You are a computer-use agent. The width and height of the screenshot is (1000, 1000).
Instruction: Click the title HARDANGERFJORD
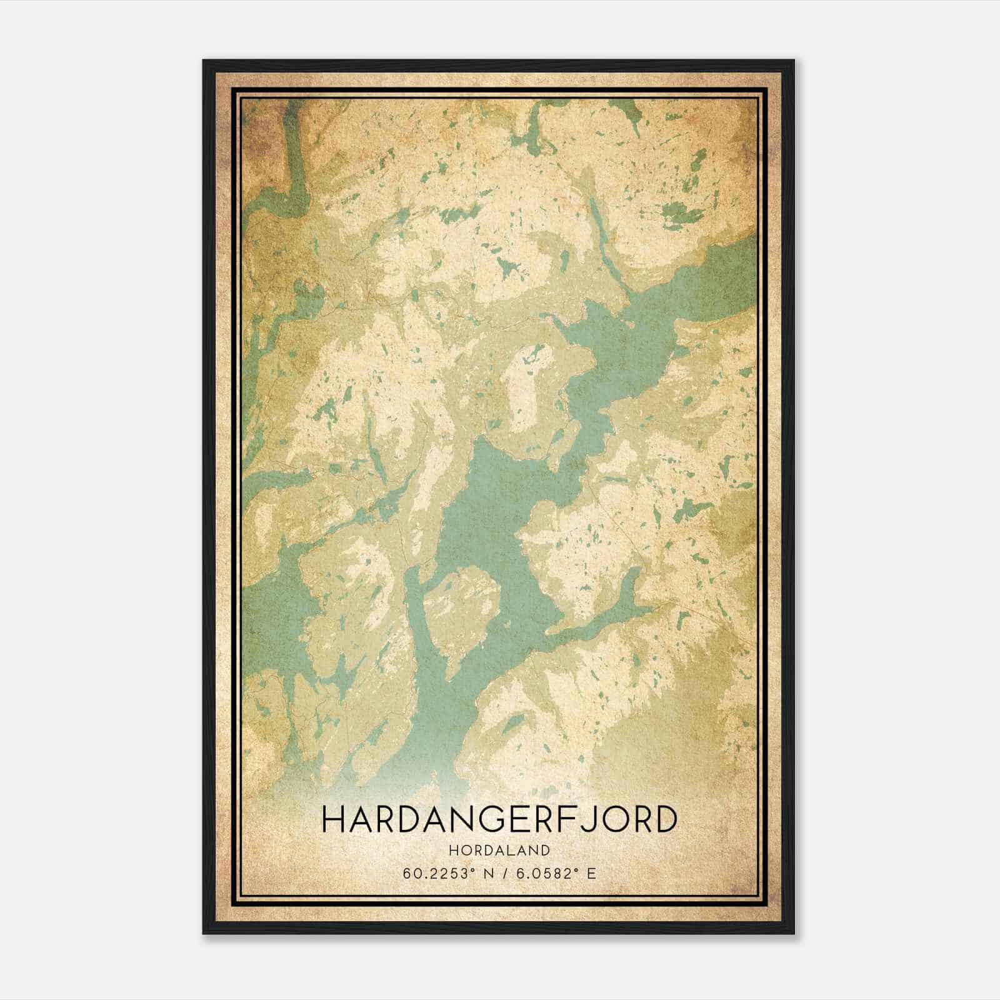pyautogui.click(x=499, y=819)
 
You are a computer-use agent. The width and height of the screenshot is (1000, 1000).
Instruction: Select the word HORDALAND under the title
pyautogui.click(x=499, y=851)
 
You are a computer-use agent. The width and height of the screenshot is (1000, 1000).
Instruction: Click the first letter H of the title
pyautogui.click(x=331, y=820)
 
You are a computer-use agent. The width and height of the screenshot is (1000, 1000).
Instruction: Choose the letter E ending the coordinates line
pyautogui.click(x=591, y=874)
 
